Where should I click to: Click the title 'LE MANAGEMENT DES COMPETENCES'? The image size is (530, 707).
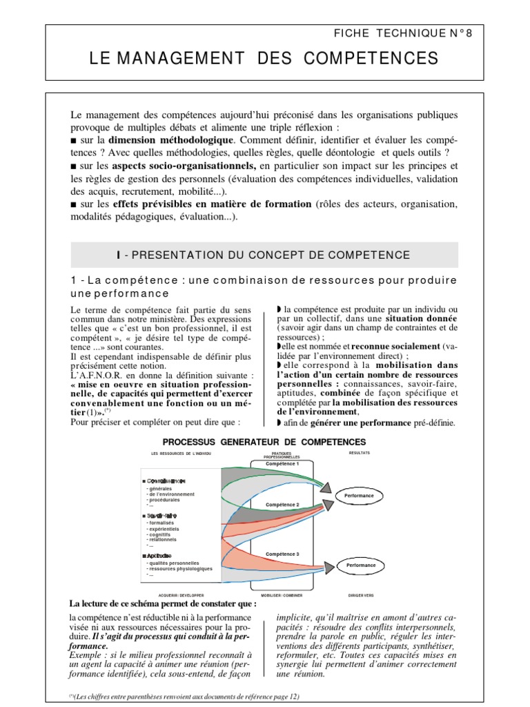[x=264, y=60]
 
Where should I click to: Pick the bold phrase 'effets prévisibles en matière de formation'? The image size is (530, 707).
[x=204, y=205]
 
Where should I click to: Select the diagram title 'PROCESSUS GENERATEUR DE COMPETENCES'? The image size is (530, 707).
[x=264, y=441]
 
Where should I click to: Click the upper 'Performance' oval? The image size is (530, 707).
[x=356, y=496]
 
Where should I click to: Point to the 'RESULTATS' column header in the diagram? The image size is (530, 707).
[x=359, y=453]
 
